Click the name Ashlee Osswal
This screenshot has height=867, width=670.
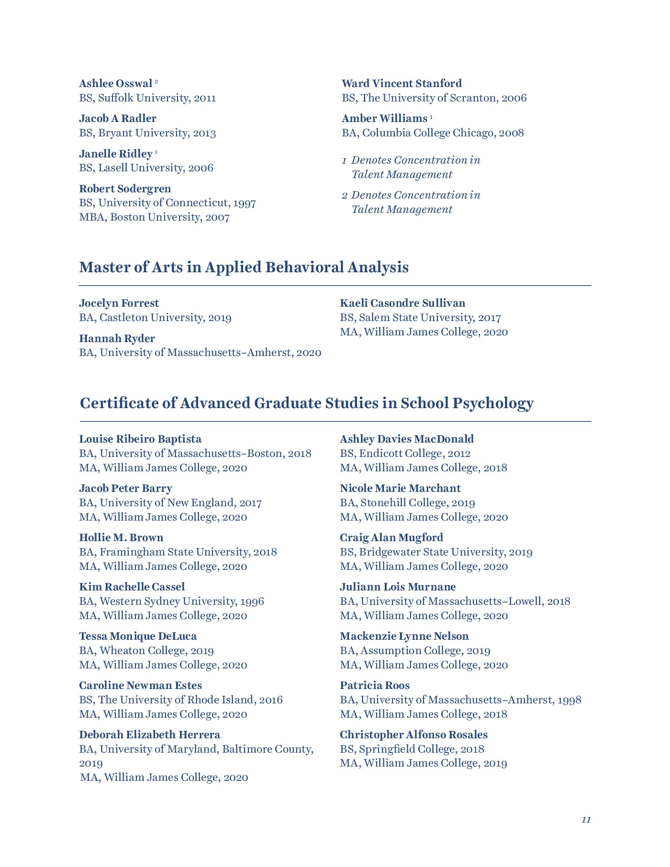coord(115,84)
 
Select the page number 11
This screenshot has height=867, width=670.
coord(586,820)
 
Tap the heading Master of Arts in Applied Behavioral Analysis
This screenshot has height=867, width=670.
coord(244,267)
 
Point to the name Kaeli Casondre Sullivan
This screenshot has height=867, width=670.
coord(402,303)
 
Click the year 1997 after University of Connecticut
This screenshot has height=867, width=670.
coord(245,203)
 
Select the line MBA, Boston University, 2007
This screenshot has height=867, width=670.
coord(154,217)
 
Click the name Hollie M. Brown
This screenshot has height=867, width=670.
coord(121,538)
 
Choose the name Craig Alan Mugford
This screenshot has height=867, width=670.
coord(391,538)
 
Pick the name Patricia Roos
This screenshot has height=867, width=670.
coord(375,686)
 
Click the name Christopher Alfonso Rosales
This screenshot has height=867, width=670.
coord(413,735)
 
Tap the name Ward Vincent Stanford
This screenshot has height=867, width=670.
coord(402,84)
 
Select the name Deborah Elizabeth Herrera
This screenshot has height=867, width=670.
coord(149,735)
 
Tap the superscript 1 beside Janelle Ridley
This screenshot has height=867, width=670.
coord(156,152)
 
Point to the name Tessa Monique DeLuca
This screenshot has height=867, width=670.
coord(138,636)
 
